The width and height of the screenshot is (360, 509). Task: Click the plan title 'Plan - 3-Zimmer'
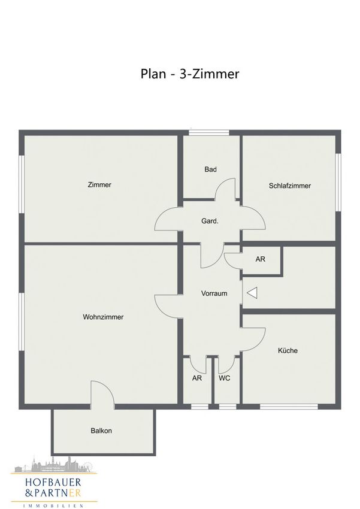189,74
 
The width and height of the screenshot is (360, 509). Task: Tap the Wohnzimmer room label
103,317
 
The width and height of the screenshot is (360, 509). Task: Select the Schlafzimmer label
289,186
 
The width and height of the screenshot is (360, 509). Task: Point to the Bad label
210,169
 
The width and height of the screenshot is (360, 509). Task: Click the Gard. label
210,221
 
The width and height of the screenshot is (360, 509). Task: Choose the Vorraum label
214,293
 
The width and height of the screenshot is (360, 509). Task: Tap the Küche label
288,350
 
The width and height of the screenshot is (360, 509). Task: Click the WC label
224,378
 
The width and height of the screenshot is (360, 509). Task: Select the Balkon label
101,431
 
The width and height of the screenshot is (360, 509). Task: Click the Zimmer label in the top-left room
99,184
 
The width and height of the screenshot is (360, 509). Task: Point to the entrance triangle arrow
252,293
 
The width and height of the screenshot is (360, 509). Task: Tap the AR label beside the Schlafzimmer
261,259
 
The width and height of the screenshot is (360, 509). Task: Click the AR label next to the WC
196,378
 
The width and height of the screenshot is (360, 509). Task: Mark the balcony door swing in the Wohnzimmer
108,386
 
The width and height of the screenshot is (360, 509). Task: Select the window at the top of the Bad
209,132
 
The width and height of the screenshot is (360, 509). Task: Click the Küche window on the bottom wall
289,407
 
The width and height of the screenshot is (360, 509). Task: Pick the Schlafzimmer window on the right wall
338,183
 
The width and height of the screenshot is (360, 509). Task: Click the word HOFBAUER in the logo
53,483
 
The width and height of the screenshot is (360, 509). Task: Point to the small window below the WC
228,407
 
